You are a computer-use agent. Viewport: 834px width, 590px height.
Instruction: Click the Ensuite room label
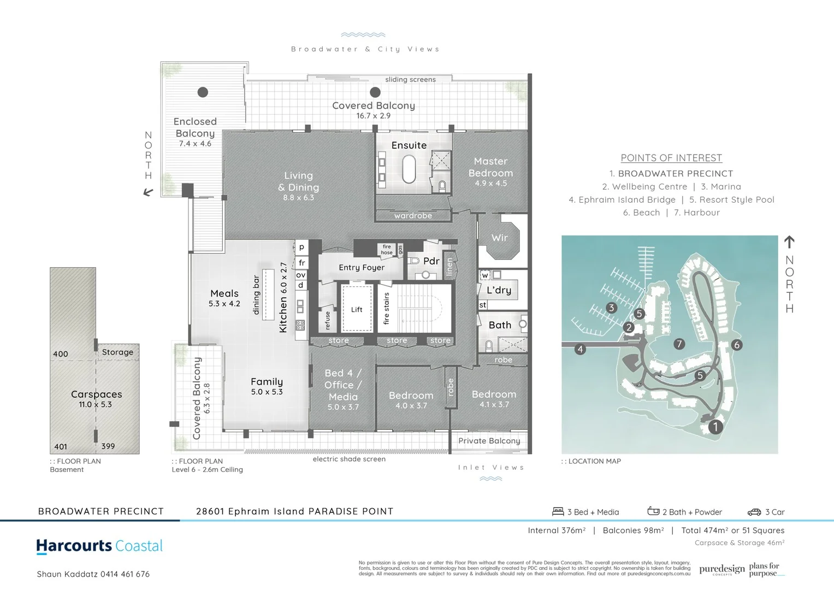[409, 145]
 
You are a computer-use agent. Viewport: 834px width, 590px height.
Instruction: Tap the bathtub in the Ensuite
[409, 169]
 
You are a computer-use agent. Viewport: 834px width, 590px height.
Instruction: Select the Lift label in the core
[357, 310]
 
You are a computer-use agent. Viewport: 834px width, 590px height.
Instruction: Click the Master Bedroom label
[490, 167]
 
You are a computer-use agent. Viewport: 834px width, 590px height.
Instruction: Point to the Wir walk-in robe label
[499, 238]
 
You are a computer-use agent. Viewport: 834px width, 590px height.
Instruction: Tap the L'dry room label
[499, 290]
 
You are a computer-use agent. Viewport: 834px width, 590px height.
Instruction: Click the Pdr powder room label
[431, 261]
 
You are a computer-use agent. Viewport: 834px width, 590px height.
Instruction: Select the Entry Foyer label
[362, 268]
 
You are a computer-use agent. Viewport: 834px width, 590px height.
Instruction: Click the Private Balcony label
[489, 441]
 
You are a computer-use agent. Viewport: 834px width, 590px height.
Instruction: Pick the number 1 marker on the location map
[715, 427]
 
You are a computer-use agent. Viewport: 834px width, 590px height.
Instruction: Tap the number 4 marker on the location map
[580, 349]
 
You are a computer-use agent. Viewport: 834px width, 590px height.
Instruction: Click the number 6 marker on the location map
[737, 345]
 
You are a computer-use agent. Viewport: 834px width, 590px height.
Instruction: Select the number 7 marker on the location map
[679, 344]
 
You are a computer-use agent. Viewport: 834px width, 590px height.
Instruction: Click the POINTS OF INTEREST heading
[671, 158]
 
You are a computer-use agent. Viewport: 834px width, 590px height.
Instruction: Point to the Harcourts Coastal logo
[99, 546]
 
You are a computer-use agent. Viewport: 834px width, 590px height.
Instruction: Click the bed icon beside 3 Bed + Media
[558, 512]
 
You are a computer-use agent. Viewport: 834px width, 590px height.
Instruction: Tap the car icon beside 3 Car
[754, 512]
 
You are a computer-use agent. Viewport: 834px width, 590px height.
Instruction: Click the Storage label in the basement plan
[117, 352]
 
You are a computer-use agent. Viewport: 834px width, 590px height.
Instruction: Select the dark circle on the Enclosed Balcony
[203, 92]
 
